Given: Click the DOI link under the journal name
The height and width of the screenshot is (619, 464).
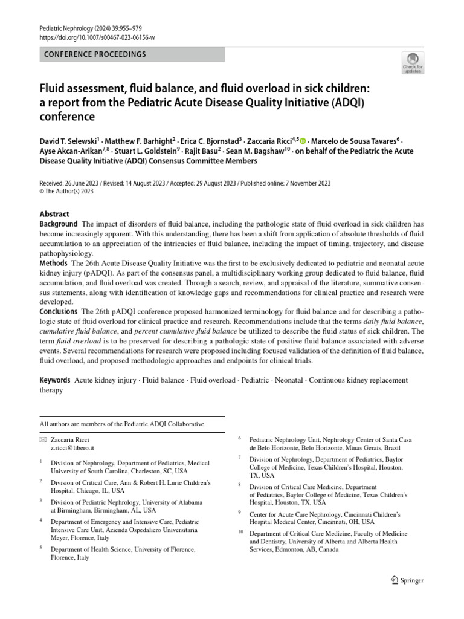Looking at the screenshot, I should (x=97, y=37).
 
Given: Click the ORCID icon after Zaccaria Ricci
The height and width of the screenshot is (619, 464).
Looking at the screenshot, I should (x=303, y=140).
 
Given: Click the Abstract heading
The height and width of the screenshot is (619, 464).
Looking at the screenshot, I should (x=54, y=214).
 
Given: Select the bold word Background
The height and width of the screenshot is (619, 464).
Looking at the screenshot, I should (x=59, y=224).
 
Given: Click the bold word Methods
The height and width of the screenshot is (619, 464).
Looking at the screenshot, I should (x=53, y=264).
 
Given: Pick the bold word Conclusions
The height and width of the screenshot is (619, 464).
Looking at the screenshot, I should (x=59, y=312).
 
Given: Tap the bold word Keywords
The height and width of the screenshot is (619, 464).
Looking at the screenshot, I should (x=55, y=380).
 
